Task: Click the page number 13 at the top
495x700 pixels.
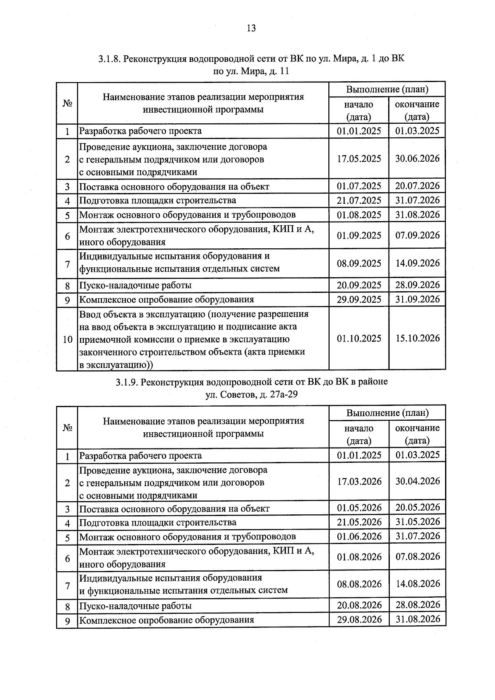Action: (251, 28)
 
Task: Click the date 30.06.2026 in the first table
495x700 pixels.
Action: (417, 158)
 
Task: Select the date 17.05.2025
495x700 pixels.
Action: (359, 159)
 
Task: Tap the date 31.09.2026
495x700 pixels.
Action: (417, 299)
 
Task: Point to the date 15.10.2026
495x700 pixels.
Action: (417, 338)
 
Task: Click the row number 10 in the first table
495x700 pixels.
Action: (67, 339)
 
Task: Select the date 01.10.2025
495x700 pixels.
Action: (359, 339)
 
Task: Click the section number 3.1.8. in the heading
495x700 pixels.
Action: (109, 59)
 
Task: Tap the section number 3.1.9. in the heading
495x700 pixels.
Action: (127, 382)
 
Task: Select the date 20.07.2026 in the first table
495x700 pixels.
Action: (417, 186)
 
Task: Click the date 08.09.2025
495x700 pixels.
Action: (359, 263)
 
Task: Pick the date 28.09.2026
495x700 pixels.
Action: (417, 285)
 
